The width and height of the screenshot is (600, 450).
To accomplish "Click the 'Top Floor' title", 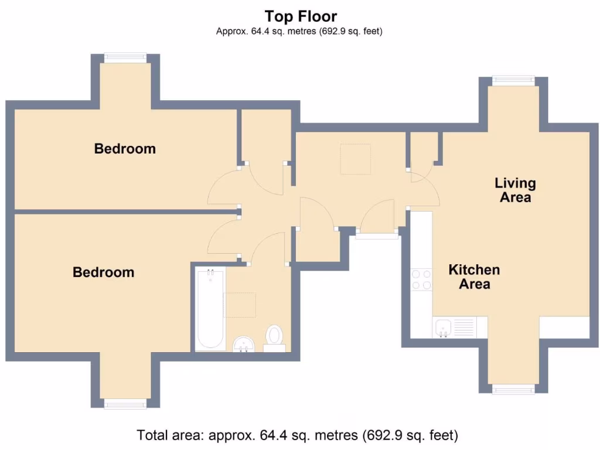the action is (301, 16).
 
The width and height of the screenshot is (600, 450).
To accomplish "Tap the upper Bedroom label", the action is (125, 148).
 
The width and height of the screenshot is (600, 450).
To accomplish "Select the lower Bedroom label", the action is (104, 272).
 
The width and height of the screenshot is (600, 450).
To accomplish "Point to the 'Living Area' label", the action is (515, 190).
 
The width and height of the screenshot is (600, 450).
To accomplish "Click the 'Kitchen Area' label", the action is (474, 277).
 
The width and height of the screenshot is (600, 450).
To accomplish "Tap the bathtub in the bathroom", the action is (210, 309).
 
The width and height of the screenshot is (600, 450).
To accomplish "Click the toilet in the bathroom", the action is (274, 338).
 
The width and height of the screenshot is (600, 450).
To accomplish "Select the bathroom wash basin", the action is (244, 344).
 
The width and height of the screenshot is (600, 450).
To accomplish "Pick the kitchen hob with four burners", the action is (421, 279).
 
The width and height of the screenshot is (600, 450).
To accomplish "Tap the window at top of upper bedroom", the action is (125, 58).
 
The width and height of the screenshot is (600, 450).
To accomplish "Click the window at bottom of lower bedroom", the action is (125, 404).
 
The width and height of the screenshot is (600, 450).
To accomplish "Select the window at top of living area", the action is (513, 81).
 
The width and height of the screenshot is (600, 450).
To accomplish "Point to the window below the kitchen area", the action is (513, 389).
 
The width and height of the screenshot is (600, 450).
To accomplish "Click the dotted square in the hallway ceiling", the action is (356, 159).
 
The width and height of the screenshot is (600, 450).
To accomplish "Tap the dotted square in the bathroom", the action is (240, 305).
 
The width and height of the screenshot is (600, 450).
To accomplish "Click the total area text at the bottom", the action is (297, 435).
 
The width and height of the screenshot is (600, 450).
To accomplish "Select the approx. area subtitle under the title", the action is (299, 31).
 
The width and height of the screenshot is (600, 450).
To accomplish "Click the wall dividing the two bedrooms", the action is (126, 212).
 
